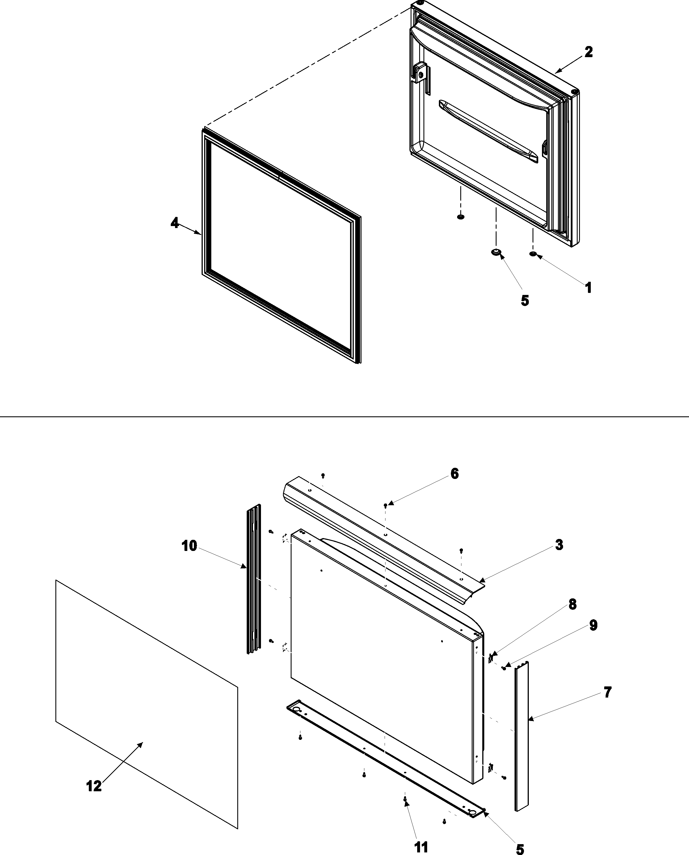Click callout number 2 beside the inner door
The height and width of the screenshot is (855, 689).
588,52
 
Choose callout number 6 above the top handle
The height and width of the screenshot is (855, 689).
455,474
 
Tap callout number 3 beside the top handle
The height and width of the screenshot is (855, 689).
559,545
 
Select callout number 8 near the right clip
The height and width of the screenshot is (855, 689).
572,604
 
